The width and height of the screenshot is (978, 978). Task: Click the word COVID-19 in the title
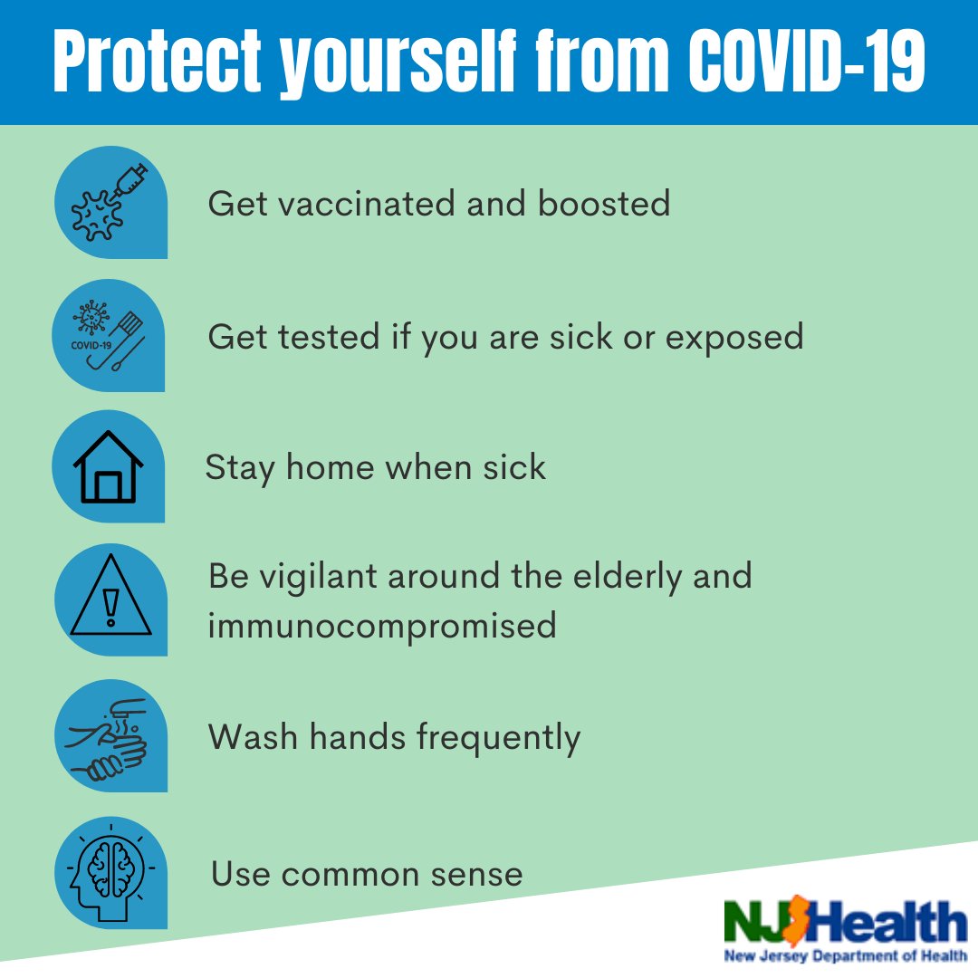[807, 61]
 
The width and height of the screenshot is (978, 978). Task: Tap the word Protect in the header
[158, 62]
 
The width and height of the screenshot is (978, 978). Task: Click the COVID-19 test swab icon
[107, 336]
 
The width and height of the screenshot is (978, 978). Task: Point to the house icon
[108, 466]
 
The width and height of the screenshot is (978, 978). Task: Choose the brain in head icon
[111, 873]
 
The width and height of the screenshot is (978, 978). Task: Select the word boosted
[604, 204]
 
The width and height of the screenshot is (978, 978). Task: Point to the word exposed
[734, 339]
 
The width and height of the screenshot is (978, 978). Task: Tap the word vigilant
[318, 576]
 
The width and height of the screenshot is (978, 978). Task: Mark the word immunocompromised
[382, 626]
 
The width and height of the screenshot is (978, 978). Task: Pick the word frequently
[498, 738]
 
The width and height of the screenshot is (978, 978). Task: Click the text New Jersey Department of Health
[845, 956]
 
